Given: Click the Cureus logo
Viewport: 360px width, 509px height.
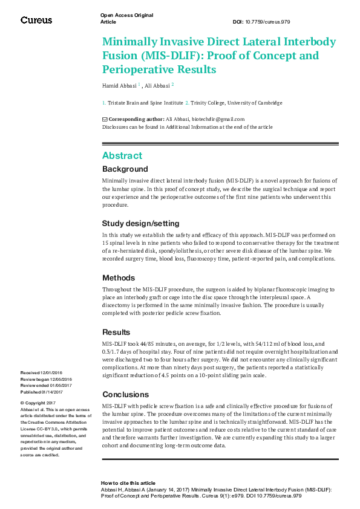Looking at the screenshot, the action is [x=36, y=20].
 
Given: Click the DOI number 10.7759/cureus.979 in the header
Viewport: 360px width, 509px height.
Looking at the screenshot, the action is [x=269, y=22].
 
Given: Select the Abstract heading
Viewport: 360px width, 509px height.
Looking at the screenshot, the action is [x=122, y=155].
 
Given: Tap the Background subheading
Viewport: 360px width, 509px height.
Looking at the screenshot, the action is [x=125, y=169].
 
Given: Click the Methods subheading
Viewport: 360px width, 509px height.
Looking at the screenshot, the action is [x=119, y=277].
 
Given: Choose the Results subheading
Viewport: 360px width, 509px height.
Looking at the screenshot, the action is [x=116, y=332].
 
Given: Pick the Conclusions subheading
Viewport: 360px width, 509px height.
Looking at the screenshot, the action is [x=125, y=395].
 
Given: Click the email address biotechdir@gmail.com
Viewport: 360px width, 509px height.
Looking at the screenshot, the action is [x=218, y=119].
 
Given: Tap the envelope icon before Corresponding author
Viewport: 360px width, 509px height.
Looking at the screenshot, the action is [x=105, y=119].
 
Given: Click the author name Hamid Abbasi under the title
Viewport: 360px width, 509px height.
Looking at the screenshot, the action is [x=119, y=86].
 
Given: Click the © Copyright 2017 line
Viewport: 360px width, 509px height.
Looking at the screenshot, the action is [x=38, y=403].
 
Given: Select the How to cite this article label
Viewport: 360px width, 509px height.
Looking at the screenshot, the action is [x=128, y=484].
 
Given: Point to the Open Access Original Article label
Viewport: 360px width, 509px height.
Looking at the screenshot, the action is [x=126, y=18].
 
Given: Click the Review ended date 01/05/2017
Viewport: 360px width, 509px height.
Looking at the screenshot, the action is [x=61, y=385].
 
